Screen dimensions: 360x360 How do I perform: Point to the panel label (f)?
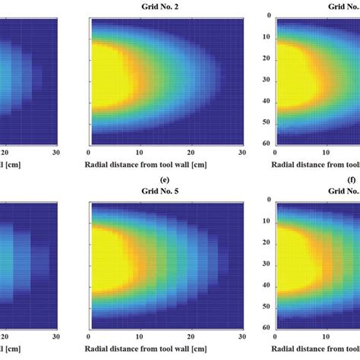351,182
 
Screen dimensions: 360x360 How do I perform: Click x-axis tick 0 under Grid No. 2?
90,151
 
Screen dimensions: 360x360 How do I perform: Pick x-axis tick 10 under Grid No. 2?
141,151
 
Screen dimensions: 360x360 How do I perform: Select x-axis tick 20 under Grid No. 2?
191,151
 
